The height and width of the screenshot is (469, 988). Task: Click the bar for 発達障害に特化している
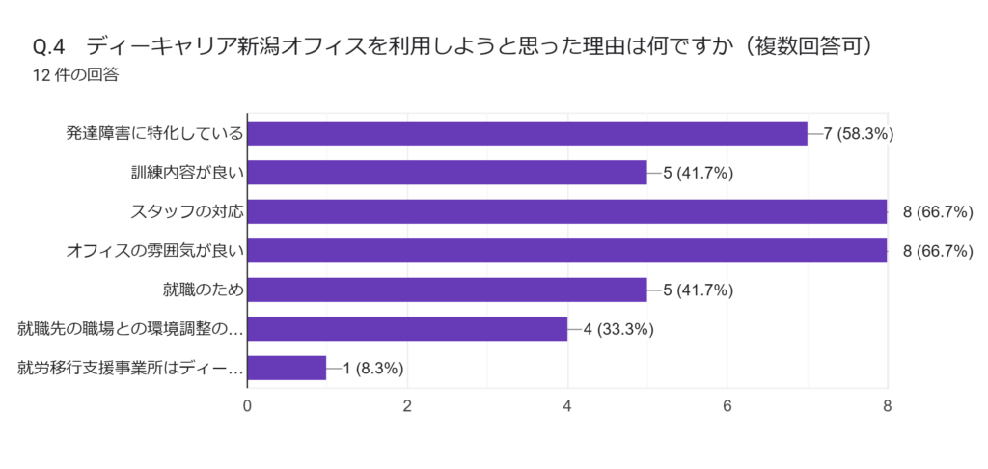point(527,133)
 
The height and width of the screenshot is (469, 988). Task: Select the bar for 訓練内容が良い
point(447,173)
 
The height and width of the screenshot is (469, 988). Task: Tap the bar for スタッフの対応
point(567,211)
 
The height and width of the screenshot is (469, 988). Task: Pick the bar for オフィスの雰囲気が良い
point(567,251)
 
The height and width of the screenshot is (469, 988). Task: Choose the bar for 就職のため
point(447,290)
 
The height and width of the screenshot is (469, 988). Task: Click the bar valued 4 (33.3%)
point(407,329)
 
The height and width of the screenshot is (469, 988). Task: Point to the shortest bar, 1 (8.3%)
point(287,368)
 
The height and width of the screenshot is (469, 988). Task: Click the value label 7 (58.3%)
point(859,133)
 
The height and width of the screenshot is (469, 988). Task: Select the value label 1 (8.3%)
point(372,368)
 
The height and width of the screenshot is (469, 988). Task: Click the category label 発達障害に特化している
point(153,133)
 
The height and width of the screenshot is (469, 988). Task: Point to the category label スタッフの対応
point(186,211)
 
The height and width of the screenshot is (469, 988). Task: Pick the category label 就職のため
point(203,290)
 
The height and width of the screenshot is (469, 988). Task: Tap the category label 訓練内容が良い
point(186,173)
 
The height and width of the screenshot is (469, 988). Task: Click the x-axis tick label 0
point(248,405)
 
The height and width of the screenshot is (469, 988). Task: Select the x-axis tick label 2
point(407,405)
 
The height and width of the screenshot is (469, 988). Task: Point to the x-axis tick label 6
point(727,405)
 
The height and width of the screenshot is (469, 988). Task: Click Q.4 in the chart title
point(48,46)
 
